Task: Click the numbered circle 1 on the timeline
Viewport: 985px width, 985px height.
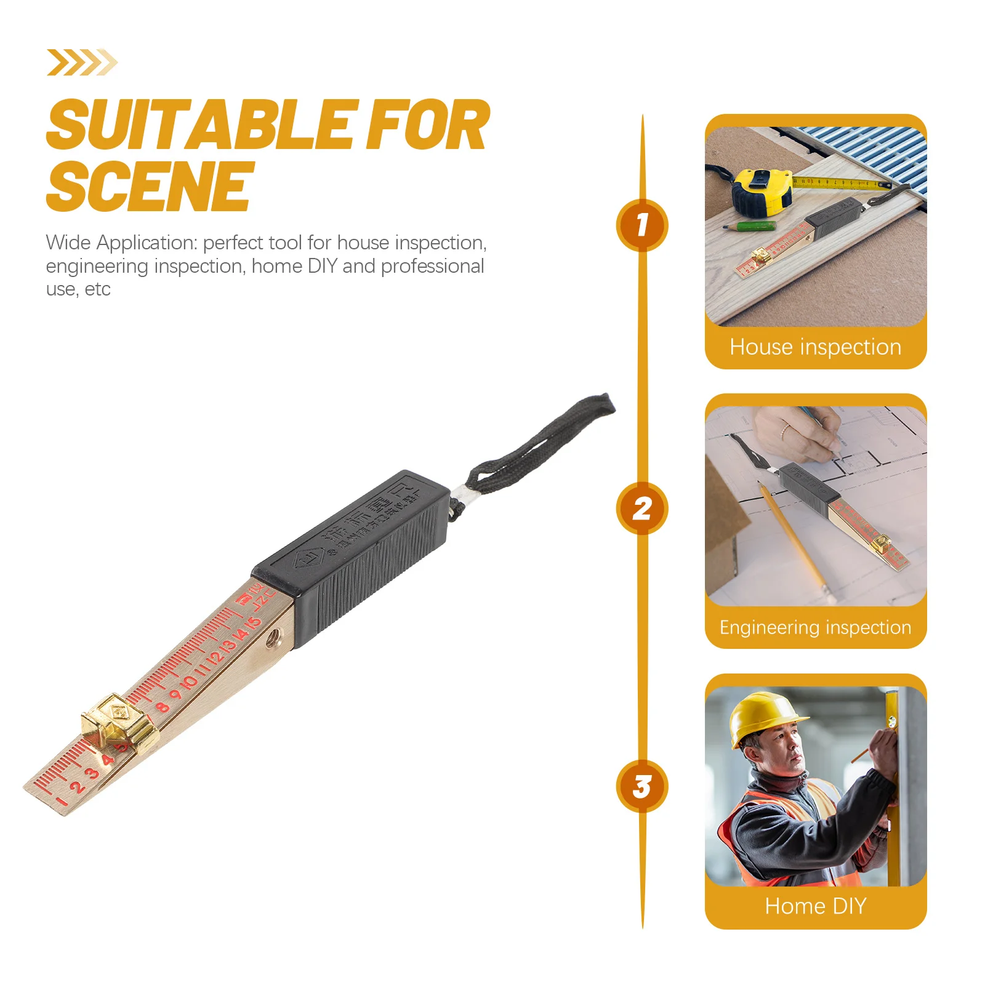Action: tap(642, 225)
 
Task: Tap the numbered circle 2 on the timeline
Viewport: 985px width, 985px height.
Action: tap(642, 509)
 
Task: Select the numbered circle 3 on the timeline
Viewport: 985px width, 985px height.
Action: tap(642, 786)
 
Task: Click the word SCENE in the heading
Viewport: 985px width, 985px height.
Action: tap(150, 186)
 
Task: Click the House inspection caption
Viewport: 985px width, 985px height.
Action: tap(815, 347)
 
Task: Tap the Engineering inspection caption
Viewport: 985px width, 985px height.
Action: tap(815, 627)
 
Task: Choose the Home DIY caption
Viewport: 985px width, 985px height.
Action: tap(815, 906)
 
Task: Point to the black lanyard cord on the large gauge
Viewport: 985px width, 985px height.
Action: tap(542, 443)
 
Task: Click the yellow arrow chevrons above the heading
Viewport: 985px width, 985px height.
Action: tap(81, 63)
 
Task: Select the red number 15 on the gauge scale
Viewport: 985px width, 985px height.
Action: tap(252, 625)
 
